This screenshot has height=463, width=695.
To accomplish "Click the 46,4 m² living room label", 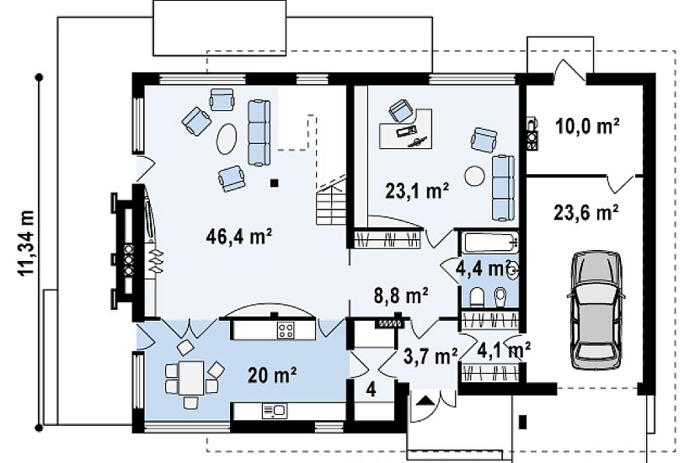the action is [238, 237].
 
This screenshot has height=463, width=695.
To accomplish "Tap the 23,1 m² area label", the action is [417, 191].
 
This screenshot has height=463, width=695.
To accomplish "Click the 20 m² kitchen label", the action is [272, 376].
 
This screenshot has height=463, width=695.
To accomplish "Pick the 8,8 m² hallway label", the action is [401, 295].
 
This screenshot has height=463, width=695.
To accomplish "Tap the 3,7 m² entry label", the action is [430, 355].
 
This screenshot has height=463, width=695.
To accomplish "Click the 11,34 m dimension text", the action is [27, 243].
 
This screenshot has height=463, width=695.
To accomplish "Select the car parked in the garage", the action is [596, 310].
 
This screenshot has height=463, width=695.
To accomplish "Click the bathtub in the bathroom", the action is [489, 242].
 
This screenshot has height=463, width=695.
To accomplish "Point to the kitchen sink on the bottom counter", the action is [274, 411].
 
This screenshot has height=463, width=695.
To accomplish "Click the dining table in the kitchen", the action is [191, 378].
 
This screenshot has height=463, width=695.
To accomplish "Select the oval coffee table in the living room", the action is [227, 138].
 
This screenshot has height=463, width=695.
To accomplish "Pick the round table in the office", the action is [475, 175].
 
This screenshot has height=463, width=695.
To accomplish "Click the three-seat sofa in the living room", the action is [259, 133].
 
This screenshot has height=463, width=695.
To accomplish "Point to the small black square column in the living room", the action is [275, 182].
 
